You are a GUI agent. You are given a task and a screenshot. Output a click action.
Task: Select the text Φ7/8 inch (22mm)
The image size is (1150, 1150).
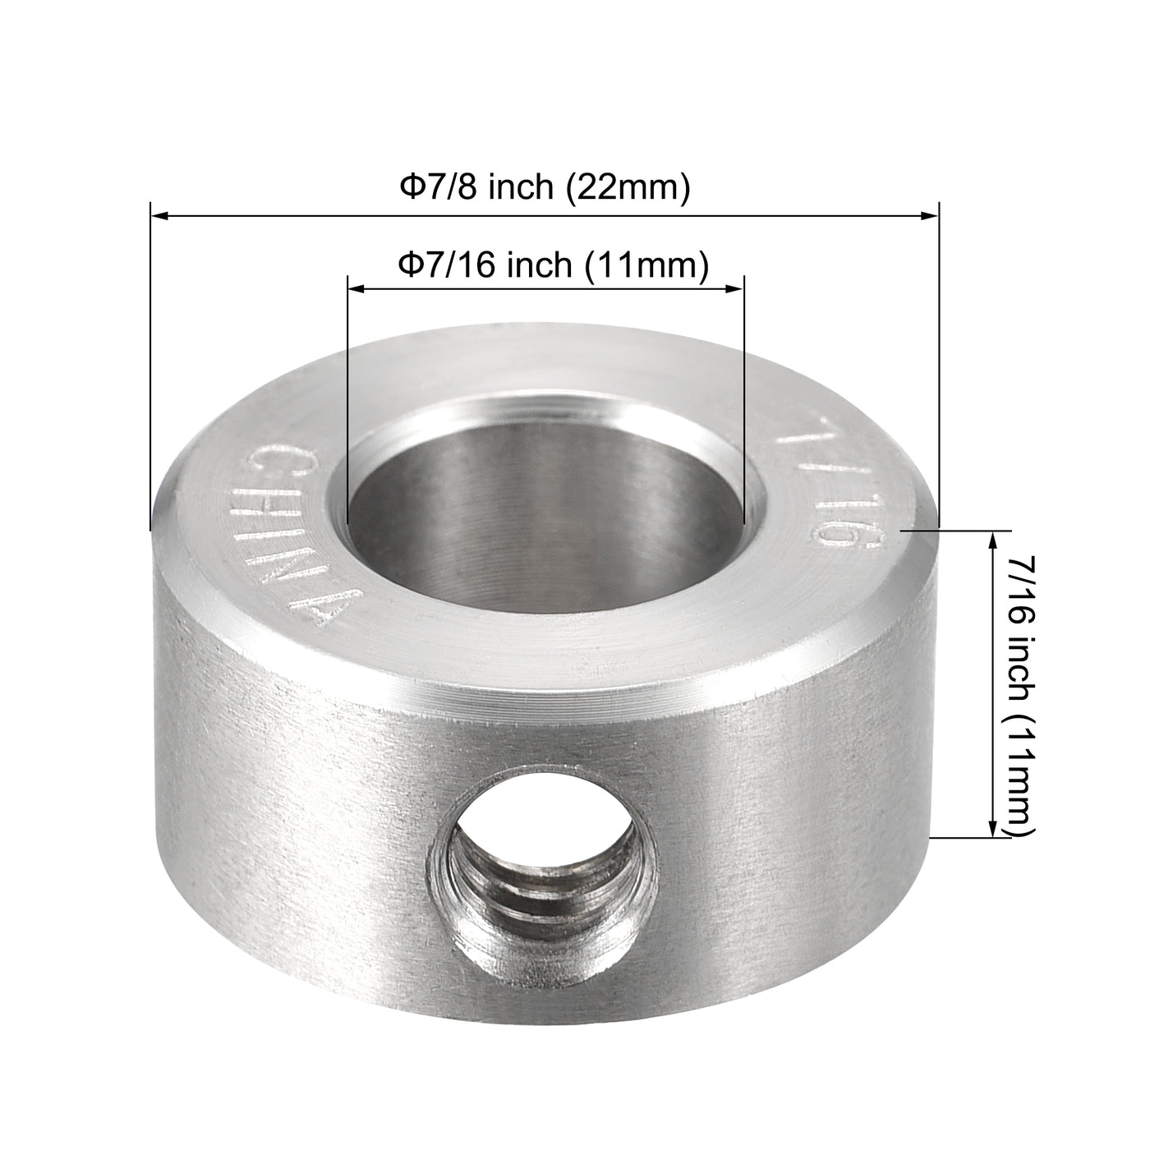tap(544, 187)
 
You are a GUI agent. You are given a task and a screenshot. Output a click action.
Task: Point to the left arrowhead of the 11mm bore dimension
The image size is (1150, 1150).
tap(356, 288)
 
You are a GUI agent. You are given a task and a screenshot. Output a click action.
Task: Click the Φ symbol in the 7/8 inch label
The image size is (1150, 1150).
tap(408, 187)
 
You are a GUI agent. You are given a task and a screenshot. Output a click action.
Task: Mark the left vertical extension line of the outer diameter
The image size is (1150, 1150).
tap(150, 370)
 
